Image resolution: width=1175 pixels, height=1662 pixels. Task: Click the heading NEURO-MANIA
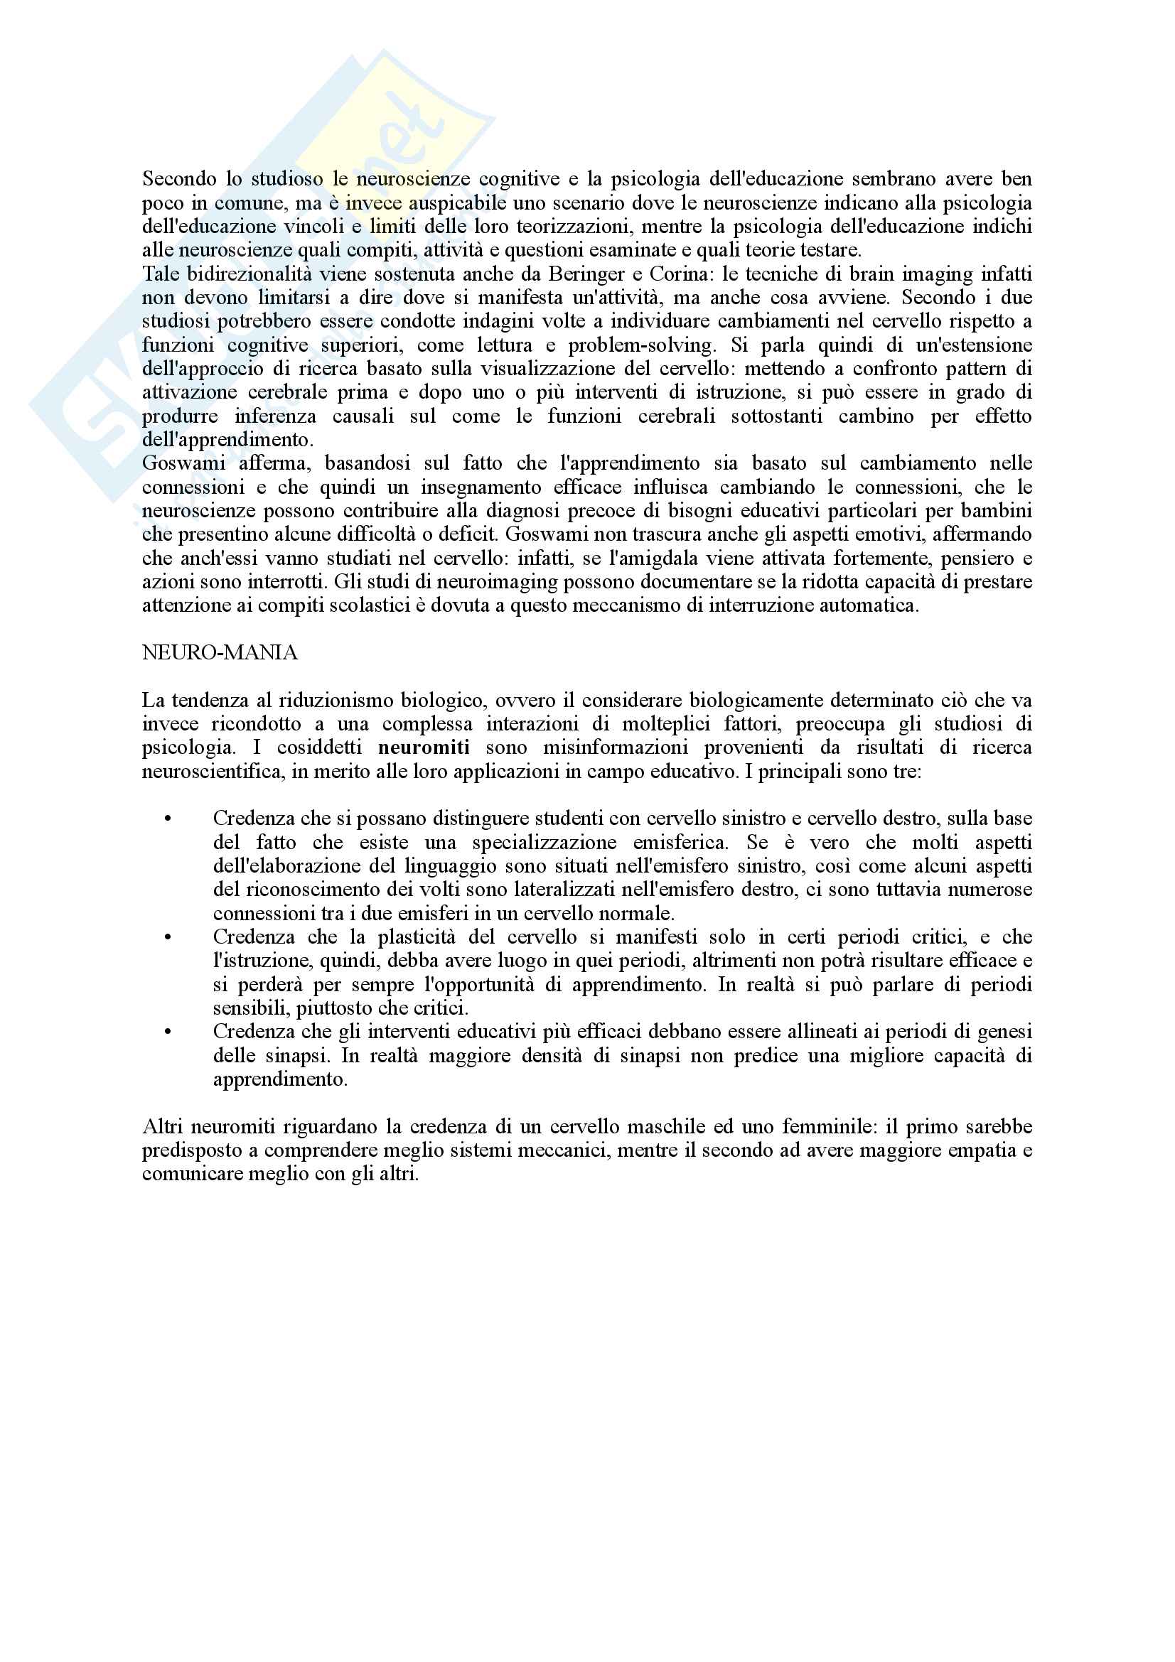click(220, 653)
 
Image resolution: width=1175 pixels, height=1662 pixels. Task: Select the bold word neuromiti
click(424, 747)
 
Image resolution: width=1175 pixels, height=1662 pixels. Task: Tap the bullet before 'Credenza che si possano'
click(168, 819)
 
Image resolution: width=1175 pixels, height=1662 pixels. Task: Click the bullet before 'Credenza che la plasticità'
click(168, 937)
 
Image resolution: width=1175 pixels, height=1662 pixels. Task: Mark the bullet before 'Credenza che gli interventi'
click(168, 1032)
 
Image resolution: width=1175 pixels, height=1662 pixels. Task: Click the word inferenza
click(275, 416)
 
